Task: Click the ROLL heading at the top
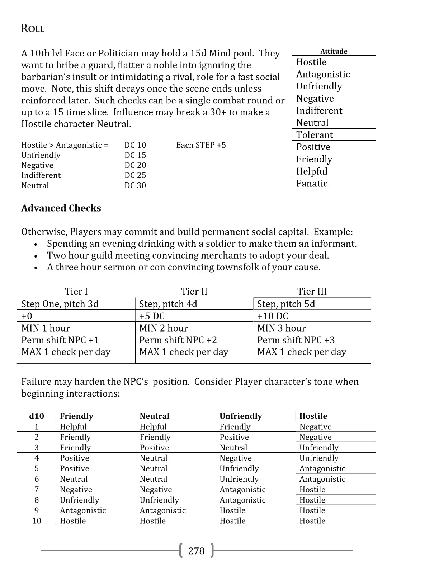33,29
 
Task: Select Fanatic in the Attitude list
312,184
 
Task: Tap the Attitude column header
334,51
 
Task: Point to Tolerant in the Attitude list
315,135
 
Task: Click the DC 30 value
135,186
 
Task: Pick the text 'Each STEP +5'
201,145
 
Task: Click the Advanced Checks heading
61,208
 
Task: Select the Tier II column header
194,291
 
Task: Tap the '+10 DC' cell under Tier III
273,316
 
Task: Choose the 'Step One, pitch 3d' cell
60,304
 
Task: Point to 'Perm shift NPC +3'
296,340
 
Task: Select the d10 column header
37,416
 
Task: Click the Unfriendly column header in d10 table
241,416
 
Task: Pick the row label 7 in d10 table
37,490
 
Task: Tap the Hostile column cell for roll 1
316,427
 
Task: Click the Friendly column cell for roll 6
74,479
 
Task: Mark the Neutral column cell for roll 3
154,448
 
